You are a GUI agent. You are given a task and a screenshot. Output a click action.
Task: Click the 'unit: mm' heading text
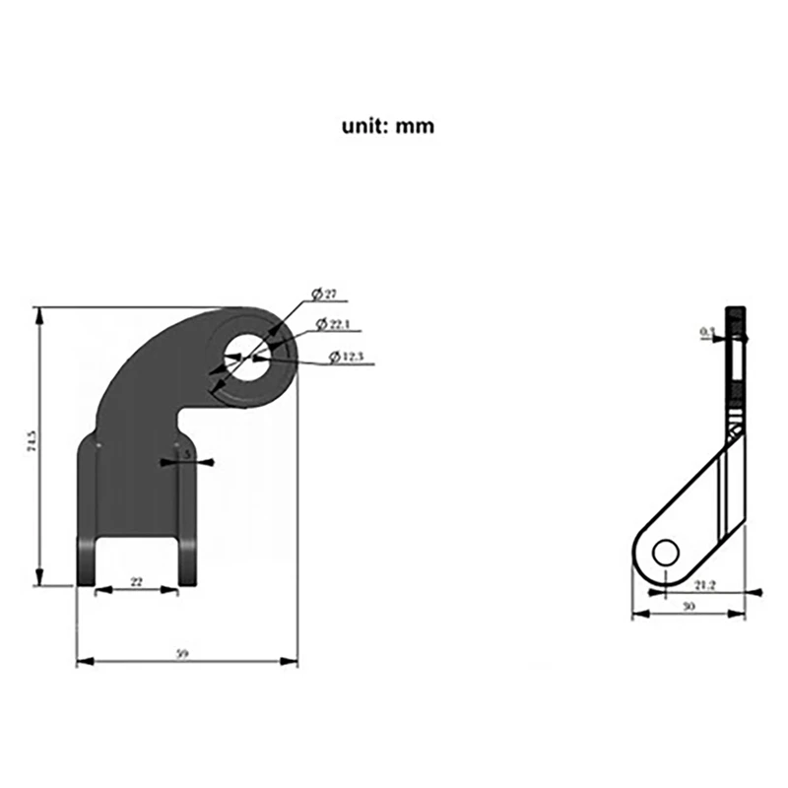click(387, 126)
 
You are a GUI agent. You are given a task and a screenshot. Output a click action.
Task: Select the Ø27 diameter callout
click(325, 295)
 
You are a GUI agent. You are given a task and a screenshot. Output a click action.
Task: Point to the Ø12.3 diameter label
click(346, 356)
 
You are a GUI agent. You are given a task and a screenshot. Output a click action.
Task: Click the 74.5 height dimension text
click(32, 445)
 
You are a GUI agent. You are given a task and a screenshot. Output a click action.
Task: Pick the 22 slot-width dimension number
click(136, 582)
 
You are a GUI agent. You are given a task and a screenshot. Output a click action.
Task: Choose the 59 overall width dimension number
click(181, 653)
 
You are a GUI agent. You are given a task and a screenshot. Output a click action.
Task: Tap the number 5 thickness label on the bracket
click(187, 455)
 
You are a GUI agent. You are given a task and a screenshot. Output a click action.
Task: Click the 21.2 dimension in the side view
click(703, 585)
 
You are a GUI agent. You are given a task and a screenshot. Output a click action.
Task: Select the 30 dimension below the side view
click(689, 607)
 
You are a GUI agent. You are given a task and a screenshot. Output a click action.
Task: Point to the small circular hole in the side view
click(665, 553)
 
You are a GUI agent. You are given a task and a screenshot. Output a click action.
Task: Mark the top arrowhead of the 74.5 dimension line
click(39, 313)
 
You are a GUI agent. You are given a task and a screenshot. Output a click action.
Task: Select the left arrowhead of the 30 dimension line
click(636, 614)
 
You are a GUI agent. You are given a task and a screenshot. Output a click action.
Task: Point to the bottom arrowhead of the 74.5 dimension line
click(39, 579)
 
